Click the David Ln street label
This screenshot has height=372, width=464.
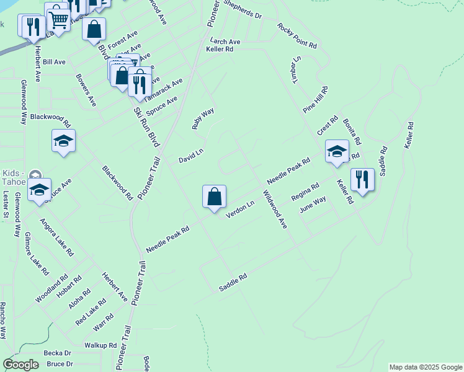coord(191,155)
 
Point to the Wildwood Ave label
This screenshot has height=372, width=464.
coord(275,210)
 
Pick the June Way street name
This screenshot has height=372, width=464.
coord(313,205)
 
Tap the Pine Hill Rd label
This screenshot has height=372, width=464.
coord(315,99)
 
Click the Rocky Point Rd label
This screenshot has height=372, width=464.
coord(297,37)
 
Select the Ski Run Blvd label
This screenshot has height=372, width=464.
coord(145,126)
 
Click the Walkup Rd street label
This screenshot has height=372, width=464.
coord(100,345)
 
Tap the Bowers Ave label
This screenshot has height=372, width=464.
coord(86,90)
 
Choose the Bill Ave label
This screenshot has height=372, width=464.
coord(55,62)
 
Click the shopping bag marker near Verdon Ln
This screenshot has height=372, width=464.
coord(214,197)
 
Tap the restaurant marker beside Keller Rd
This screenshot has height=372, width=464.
coord(362,180)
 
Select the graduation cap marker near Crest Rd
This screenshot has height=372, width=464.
coord(337,151)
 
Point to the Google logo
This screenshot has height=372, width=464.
coord(20,365)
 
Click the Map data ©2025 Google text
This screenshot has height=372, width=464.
coord(426,367)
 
